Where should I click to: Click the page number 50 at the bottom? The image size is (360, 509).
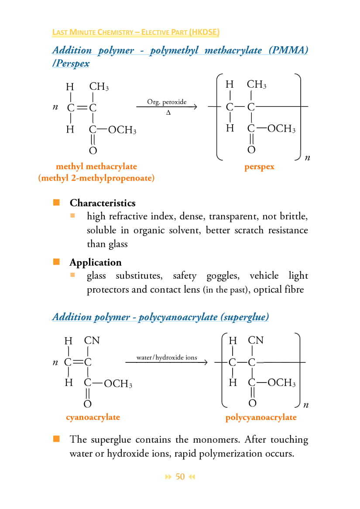(x=180, y=477)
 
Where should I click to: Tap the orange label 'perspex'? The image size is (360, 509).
(x=260, y=167)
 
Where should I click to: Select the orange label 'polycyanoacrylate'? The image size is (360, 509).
(x=261, y=417)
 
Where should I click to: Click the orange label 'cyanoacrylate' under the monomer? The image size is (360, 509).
(x=93, y=417)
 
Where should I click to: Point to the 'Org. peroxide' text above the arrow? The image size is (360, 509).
(x=167, y=102)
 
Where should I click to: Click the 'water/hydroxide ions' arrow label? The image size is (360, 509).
(x=167, y=358)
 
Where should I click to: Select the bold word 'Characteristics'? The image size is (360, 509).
(x=103, y=203)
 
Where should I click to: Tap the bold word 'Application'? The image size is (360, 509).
(x=95, y=262)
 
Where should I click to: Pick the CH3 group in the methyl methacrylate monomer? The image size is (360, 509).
(x=99, y=87)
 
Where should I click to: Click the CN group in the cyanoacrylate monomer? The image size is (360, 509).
(x=92, y=340)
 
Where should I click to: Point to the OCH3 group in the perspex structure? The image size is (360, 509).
(x=281, y=129)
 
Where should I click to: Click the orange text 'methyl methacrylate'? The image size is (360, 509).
(x=96, y=166)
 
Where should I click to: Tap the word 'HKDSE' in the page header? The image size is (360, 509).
(x=204, y=32)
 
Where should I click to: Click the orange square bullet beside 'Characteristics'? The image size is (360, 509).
(x=56, y=202)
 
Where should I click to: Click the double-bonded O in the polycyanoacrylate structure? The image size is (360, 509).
(x=252, y=403)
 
